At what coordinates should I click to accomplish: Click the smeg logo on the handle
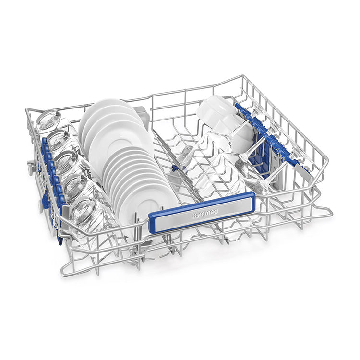point(204,213)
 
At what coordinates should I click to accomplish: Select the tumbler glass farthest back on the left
point(48,120)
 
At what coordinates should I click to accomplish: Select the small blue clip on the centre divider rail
point(175,168)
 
